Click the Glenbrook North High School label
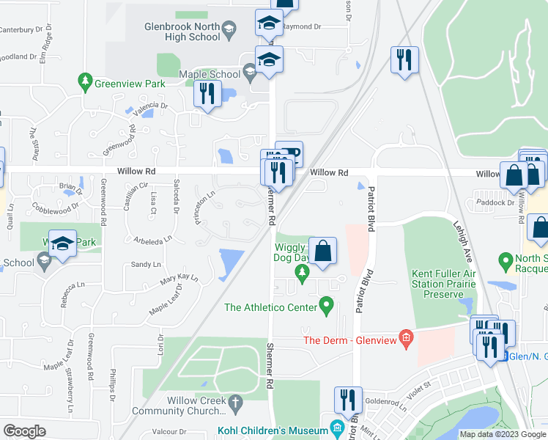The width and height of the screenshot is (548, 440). (x=181, y=29)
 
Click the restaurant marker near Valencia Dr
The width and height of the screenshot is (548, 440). (x=207, y=94)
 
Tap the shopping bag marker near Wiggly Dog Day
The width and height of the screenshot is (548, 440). (x=322, y=252)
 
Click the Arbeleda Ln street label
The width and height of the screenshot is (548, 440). (x=152, y=239)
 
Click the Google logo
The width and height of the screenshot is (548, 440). (x=24, y=430)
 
